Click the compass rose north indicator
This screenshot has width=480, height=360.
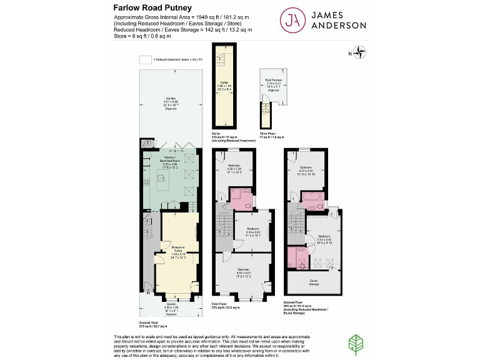360,52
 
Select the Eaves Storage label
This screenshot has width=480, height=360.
314,282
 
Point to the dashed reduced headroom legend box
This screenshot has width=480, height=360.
145,60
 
